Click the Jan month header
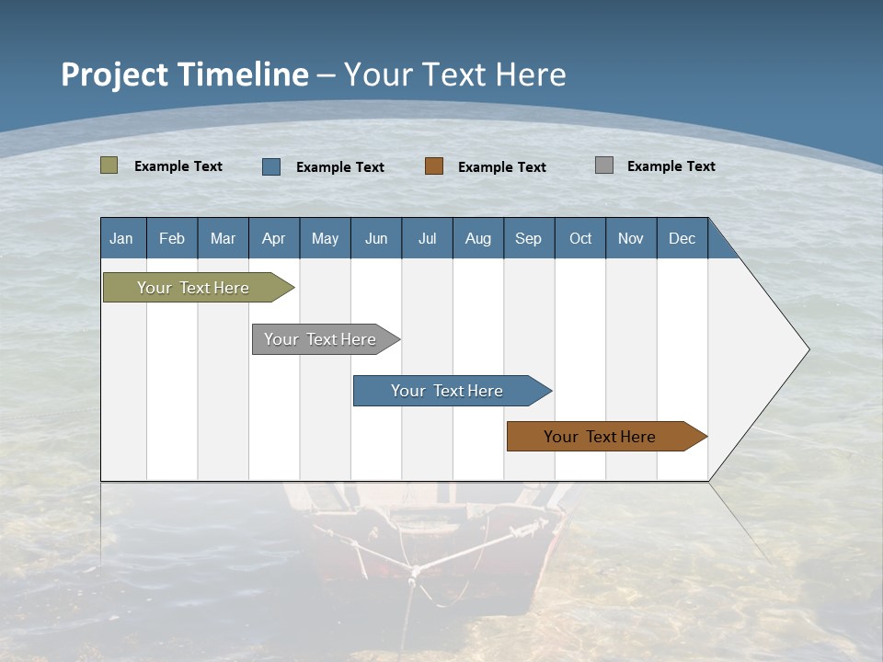point(122,238)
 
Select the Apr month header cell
point(274,238)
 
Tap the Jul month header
point(427,238)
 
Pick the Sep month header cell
point(529,238)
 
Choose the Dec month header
point(682,238)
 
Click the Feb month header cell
point(172,238)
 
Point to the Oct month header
point(580,238)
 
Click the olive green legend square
point(109,165)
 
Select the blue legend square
point(271,166)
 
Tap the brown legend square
point(434,166)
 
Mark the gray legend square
point(604,165)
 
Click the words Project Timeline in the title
point(185,74)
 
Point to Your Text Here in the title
point(455,74)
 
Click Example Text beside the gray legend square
point(671,166)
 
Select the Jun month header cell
point(376,238)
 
